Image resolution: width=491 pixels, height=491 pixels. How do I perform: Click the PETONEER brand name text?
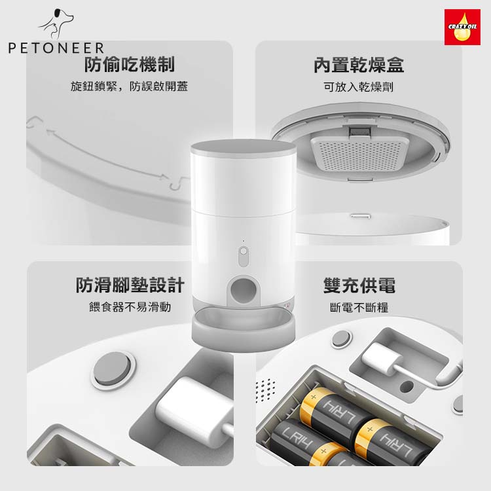[56, 48]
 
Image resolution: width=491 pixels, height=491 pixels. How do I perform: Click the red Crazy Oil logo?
[462, 27]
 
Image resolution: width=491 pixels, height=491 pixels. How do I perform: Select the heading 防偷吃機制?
[130, 64]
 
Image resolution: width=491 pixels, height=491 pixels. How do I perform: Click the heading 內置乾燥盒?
[359, 65]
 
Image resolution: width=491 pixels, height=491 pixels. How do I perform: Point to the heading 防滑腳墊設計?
[130, 285]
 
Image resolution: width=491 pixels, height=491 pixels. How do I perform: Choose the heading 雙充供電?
[359, 285]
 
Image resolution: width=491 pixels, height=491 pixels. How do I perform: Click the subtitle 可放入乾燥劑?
[359, 86]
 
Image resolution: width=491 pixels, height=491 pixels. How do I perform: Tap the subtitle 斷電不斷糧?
[359, 307]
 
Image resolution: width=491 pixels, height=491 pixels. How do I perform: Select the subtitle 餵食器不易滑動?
[130, 307]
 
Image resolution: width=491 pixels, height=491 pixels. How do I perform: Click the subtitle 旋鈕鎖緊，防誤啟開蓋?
[130, 86]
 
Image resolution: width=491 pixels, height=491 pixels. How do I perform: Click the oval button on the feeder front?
[244, 256]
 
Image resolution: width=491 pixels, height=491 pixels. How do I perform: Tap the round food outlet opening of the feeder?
[243, 291]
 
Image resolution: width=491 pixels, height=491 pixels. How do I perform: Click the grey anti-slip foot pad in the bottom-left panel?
[113, 368]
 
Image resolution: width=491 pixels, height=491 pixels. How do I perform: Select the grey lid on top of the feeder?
[244, 149]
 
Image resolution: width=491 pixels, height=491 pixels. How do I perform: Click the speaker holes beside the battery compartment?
[266, 390]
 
